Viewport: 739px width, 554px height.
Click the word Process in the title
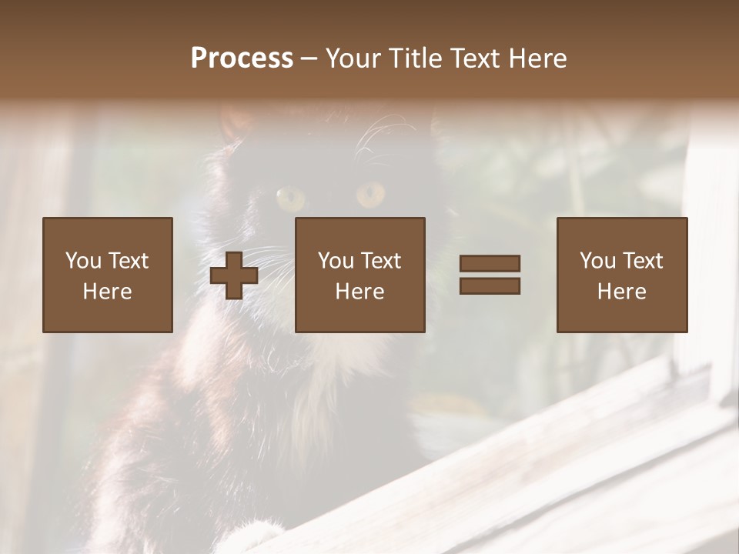242,58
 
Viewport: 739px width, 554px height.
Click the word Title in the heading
416,58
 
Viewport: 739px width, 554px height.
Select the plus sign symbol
234,275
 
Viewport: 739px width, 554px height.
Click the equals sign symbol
490,275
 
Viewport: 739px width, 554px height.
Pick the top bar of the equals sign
490,264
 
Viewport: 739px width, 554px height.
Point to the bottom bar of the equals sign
490,286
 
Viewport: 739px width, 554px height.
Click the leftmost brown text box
107,275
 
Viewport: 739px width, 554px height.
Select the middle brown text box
359,275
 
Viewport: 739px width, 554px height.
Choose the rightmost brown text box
621,275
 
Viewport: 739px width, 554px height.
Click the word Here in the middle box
359,292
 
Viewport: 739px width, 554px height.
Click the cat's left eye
291,199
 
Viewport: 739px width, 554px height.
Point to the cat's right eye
370,195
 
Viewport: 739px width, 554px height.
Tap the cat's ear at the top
235,123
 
